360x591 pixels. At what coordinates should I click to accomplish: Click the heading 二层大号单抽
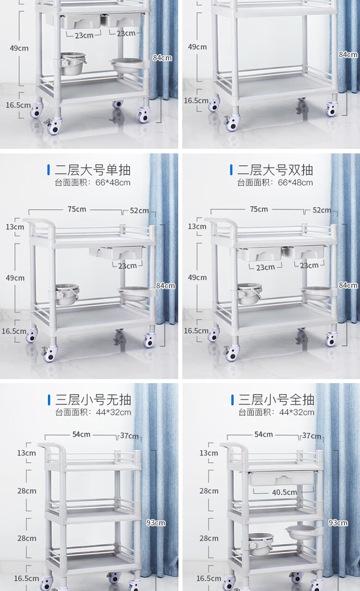93,170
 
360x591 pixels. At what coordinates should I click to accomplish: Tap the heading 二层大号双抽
275,169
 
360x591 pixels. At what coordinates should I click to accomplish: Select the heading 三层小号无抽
93,400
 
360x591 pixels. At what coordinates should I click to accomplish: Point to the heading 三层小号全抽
276,400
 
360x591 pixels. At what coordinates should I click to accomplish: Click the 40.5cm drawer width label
284,492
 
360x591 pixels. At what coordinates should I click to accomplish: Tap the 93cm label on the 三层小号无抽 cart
156,523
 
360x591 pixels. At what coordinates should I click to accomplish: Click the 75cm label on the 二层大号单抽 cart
77,209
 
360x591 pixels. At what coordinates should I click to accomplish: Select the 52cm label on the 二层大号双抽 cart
322,210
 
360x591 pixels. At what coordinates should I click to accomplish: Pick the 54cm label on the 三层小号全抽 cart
264,434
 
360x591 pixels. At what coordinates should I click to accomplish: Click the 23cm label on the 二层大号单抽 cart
127,266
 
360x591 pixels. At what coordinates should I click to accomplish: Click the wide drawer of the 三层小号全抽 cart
282,478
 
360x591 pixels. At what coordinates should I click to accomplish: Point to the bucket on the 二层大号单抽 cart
67,294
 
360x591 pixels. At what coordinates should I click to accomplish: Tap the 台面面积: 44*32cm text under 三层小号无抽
93,412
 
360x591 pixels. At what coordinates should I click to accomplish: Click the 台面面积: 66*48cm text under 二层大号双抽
275,182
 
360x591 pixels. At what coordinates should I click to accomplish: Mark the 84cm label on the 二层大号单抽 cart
166,286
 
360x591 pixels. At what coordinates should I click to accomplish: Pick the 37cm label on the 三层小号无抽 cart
129,436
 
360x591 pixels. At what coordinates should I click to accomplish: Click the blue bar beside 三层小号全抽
232,400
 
